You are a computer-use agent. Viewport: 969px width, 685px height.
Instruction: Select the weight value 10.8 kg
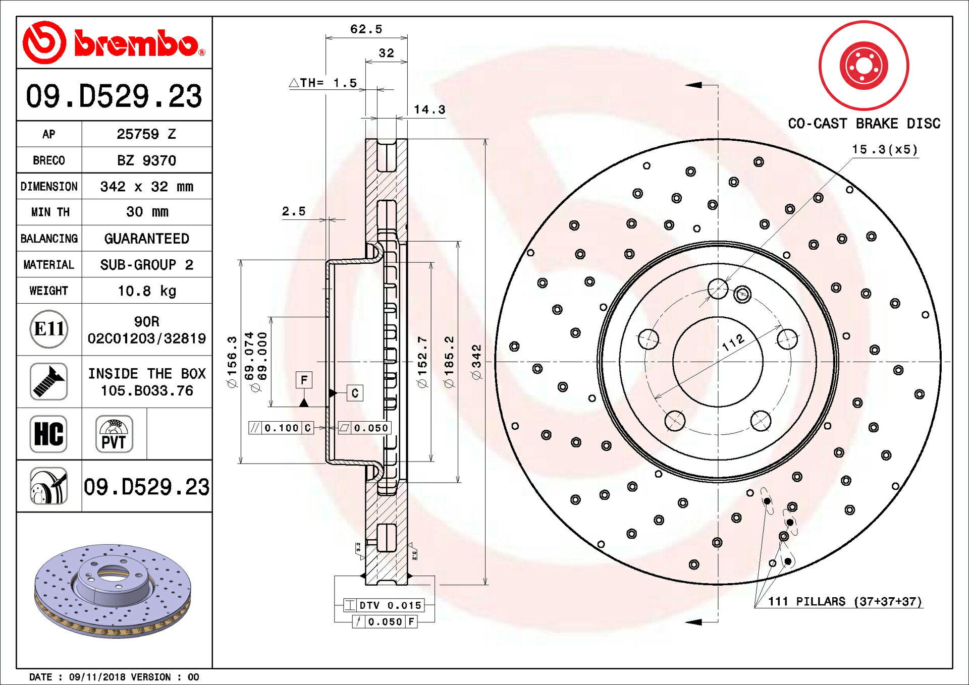[x=147, y=291]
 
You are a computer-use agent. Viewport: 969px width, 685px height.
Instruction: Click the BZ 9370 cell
[x=147, y=160]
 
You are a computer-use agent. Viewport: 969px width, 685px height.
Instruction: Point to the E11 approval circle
[x=49, y=329]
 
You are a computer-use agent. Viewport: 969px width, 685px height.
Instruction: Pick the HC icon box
[x=48, y=434]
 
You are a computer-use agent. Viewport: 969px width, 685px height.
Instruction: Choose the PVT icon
[x=114, y=434]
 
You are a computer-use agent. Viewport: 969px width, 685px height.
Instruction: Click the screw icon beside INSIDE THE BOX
[x=48, y=381]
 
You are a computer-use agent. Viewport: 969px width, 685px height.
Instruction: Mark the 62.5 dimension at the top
[x=366, y=29]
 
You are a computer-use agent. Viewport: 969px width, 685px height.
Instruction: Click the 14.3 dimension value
[x=429, y=109]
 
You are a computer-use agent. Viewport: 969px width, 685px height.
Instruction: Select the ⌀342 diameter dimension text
[x=476, y=362]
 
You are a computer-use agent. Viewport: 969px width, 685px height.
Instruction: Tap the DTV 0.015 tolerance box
[x=384, y=605]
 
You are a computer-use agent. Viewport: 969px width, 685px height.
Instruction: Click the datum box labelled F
[x=304, y=380]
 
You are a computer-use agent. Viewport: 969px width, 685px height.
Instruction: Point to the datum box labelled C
[x=355, y=393]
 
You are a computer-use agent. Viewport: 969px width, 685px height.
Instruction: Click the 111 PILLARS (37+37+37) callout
[x=845, y=601]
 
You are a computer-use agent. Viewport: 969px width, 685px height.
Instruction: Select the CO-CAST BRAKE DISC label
[x=864, y=124]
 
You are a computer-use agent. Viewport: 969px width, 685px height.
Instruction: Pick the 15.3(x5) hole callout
[x=885, y=149]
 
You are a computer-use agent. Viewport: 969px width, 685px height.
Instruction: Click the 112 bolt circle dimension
[x=733, y=342]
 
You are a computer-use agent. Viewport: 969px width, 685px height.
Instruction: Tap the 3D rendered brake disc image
[x=113, y=590]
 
